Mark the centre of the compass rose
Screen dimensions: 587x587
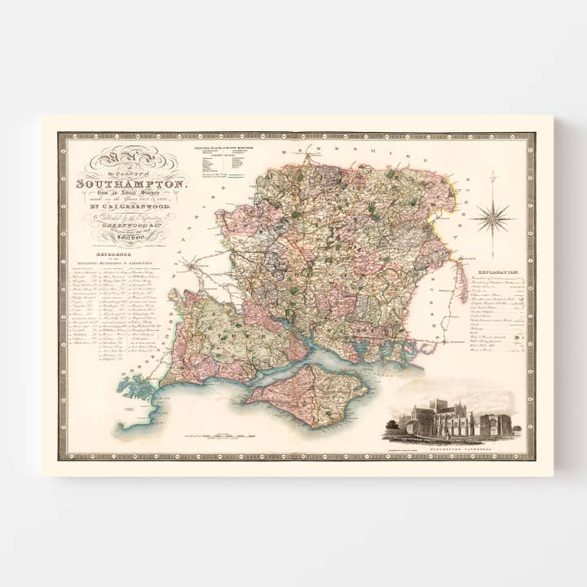point(492,217)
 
